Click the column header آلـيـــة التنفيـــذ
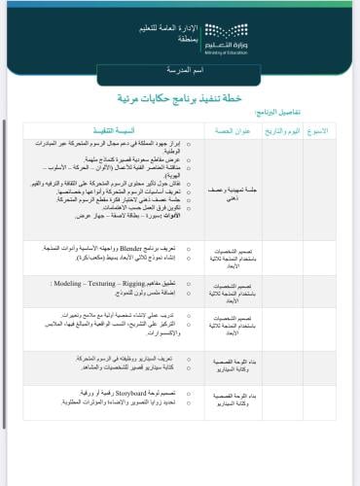tap(145, 129)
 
